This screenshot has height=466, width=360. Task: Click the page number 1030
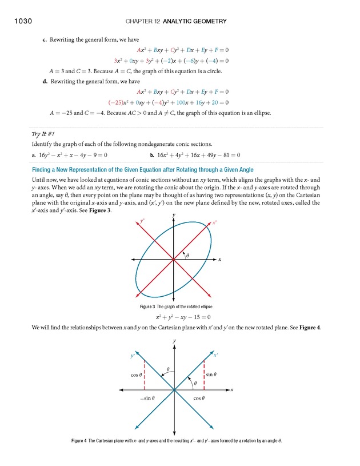click(x=19, y=21)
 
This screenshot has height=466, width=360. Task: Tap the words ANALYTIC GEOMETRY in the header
click(x=195, y=22)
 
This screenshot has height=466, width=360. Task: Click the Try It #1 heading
click(x=44, y=134)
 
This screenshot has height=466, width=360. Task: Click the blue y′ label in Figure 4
click(x=133, y=355)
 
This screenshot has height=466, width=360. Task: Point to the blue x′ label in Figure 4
click(x=216, y=355)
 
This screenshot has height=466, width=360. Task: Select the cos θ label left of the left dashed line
click(x=135, y=375)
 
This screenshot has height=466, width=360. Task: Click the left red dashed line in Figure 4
click(x=144, y=375)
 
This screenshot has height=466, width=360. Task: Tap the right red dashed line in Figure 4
click(x=204, y=375)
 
